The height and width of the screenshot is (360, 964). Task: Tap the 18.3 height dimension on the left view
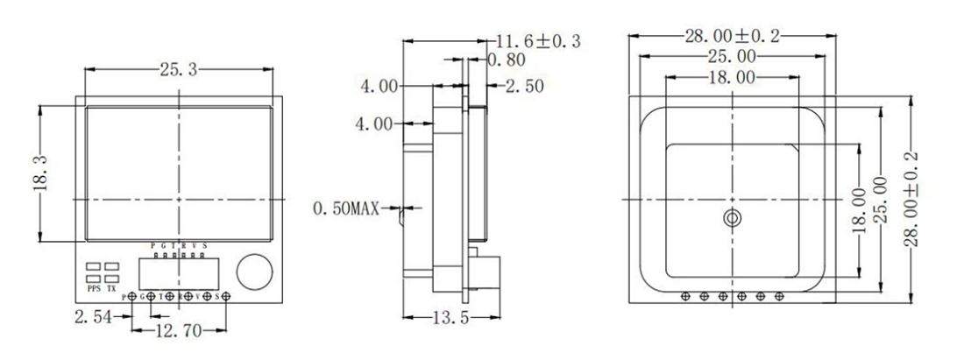(26, 175)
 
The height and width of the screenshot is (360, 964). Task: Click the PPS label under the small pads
(94, 288)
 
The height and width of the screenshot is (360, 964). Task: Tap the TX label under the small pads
(111, 288)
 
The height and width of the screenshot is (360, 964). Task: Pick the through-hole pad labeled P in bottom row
(132, 297)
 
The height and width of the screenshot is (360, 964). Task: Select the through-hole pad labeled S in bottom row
(227, 297)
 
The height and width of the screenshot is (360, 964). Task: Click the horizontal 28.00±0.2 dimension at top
(732, 36)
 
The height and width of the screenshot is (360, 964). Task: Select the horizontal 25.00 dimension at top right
(733, 57)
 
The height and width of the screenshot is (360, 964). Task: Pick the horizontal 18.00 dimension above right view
(732, 78)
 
